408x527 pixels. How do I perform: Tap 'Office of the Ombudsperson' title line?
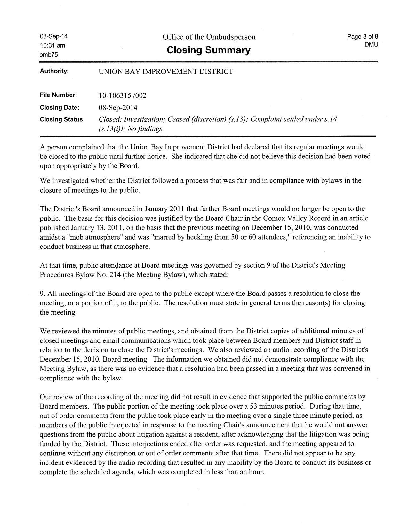coord(209,37)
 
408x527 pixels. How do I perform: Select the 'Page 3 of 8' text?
coord(363,36)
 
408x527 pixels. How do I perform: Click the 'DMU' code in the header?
coord(371,44)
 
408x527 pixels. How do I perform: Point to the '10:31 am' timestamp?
coord(52,45)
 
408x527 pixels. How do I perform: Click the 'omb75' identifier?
coord(49,54)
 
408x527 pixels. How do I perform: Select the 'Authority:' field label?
coord(54,71)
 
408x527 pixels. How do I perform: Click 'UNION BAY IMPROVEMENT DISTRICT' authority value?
coord(166,72)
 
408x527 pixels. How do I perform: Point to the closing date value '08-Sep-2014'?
coord(118,107)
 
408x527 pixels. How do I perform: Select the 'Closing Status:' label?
coord(62,119)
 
